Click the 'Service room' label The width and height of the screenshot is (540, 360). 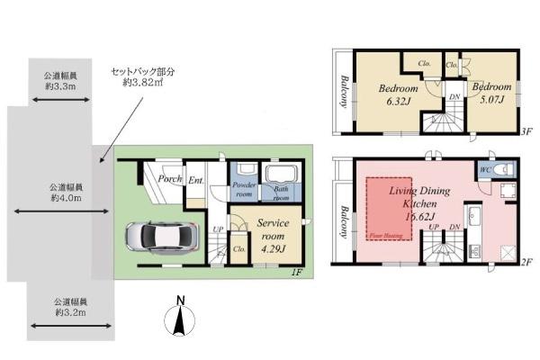pos(273,222)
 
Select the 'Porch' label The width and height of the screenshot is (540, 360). pos(170,178)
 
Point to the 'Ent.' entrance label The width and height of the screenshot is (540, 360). pos(195,181)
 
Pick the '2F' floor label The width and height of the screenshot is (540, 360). pos(527,261)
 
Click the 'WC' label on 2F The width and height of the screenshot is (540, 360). pos(486,168)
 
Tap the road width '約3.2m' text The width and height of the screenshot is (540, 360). pos(68,312)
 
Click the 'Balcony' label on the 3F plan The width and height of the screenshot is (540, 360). pos(343,90)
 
